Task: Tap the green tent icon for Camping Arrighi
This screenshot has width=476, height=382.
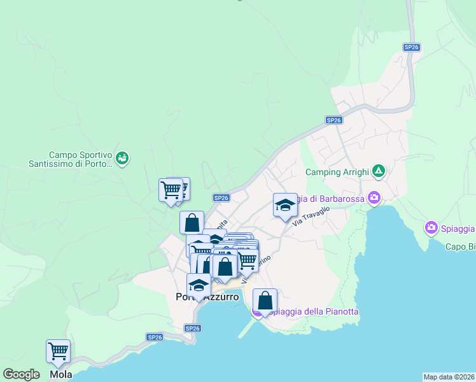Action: [379, 171]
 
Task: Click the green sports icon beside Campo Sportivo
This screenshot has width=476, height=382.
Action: [123, 157]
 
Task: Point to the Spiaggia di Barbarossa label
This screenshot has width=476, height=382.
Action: [331, 199]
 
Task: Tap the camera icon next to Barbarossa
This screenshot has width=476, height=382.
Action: [374, 198]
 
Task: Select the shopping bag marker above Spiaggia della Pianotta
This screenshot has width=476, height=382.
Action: [265, 301]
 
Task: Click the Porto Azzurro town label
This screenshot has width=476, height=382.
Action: [207, 297]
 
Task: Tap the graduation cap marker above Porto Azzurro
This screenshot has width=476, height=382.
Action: [199, 285]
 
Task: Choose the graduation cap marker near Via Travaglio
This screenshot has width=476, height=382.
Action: [286, 205]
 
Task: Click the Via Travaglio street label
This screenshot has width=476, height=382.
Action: [311, 216]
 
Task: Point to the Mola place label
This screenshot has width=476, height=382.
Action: [61, 374]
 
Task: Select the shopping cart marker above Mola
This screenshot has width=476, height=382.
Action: [58, 351]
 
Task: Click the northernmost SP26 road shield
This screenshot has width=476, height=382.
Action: [412, 47]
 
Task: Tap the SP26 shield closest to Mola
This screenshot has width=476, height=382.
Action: [154, 337]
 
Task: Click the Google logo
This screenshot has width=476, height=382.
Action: [21, 374]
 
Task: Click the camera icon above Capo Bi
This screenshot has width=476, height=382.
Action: [431, 227]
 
